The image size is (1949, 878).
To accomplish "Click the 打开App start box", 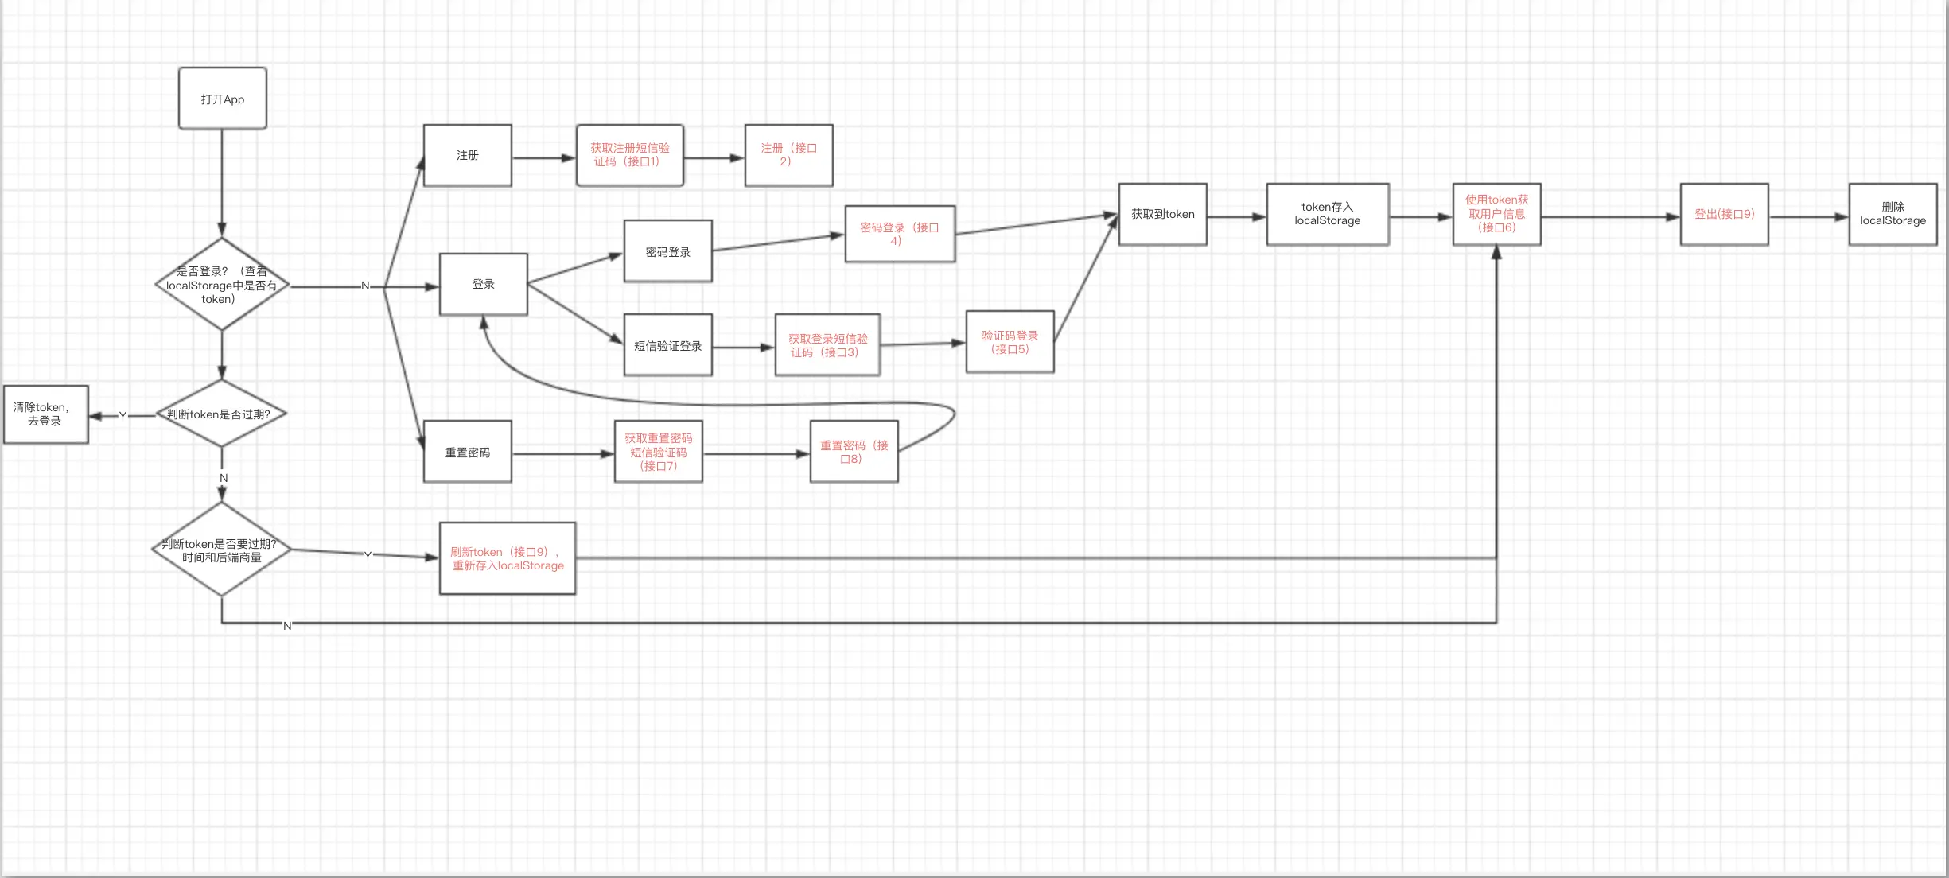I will click(223, 99).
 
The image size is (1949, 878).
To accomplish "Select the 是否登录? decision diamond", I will click(222, 285).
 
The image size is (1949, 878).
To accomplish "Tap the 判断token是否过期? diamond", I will click(221, 414).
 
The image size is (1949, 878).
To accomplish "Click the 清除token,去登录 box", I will click(45, 414).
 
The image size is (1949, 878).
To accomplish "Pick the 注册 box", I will click(468, 155).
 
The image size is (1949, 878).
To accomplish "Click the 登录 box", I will click(484, 284).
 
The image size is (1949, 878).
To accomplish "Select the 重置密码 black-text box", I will click(468, 452).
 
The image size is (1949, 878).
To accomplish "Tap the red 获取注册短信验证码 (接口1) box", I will click(630, 155).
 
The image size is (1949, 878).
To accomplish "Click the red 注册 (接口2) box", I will click(788, 155).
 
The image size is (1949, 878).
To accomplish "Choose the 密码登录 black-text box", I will click(668, 251).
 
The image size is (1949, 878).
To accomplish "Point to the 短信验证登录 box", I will click(668, 345).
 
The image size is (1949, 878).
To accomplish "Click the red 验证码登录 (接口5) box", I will click(1010, 342).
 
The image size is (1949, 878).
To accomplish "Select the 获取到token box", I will click(1162, 214).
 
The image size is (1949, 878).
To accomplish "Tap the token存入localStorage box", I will click(1328, 214).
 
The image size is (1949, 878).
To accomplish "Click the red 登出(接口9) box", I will click(1724, 214).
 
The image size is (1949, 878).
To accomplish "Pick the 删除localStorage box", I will click(1893, 214).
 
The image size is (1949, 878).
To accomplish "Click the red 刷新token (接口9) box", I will click(508, 558).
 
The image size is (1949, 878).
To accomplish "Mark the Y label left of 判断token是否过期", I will click(123, 416).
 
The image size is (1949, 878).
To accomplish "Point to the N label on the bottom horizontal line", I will click(287, 626).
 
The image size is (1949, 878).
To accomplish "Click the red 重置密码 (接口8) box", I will click(854, 452).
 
